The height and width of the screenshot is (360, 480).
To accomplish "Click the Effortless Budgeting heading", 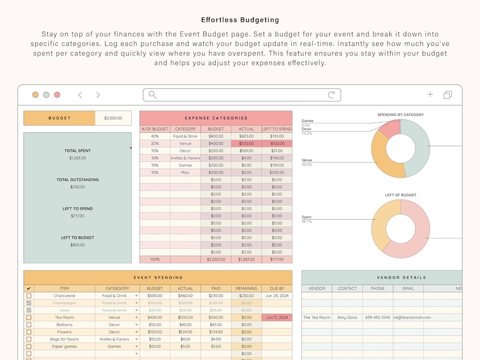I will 240,20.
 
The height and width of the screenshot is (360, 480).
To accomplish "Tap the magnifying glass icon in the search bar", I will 152,95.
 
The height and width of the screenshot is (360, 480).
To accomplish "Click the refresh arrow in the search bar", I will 331,95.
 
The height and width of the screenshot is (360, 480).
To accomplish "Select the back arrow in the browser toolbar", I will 80,95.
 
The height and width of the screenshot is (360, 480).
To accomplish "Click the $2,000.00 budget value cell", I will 113,118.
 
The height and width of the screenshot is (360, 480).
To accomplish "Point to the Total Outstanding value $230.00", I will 77,187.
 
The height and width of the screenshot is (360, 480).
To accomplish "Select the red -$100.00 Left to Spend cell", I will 276,144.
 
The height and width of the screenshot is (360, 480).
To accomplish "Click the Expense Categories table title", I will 216,118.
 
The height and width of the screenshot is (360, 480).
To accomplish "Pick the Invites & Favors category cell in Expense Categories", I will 186,158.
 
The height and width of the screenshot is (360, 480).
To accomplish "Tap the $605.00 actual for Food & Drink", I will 246,137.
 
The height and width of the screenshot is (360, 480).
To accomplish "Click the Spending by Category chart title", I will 400,115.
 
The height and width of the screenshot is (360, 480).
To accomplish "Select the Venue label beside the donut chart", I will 306,161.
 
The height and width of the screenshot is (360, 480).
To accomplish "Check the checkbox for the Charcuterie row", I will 28,296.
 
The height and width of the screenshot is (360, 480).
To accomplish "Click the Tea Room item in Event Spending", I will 65,317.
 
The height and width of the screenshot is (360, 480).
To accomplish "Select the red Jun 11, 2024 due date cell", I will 276,317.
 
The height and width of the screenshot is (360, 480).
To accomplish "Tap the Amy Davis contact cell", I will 347,317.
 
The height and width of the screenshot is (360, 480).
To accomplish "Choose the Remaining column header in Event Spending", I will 246,289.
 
